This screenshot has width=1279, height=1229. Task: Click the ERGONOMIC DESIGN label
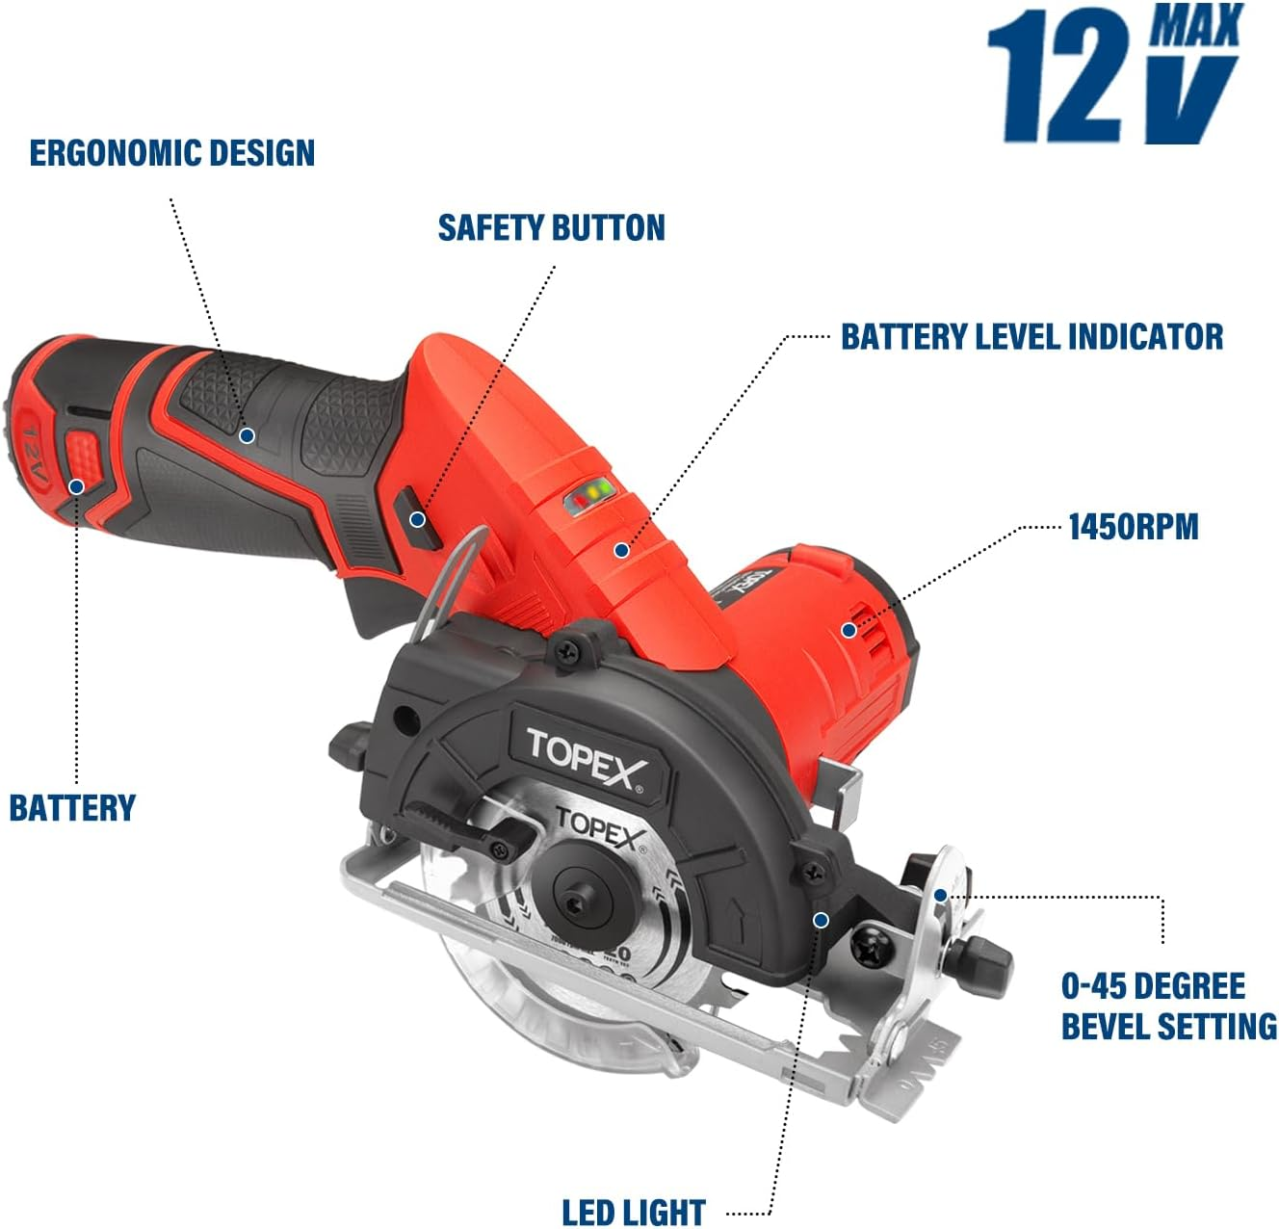[x=172, y=153]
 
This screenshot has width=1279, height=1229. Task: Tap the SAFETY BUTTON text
[x=551, y=228]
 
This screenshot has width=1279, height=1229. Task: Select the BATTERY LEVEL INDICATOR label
[x=1031, y=336]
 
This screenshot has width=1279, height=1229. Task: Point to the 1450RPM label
[x=1134, y=527]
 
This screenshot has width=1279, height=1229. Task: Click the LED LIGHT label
[x=634, y=1212]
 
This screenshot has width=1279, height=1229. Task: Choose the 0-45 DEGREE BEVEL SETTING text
[x=1168, y=1007]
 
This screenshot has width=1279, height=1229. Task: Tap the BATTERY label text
[x=72, y=807]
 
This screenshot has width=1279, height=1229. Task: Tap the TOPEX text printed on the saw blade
[x=599, y=829]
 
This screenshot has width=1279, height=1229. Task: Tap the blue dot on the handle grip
[x=247, y=435]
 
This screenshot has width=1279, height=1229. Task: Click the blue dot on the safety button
[x=417, y=519]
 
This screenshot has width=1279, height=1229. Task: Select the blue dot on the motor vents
[x=848, y=630]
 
